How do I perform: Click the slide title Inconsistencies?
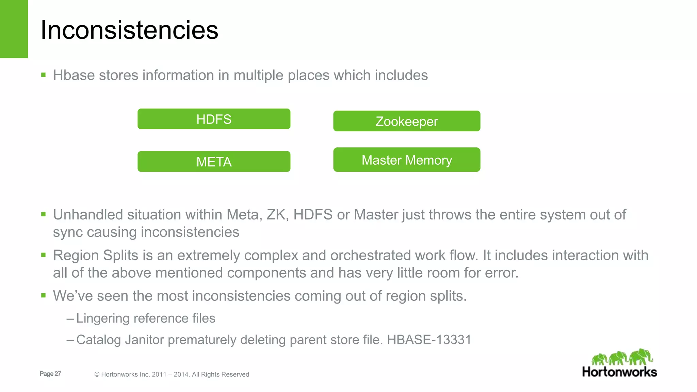[129, 30]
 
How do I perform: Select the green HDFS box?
[214, 119]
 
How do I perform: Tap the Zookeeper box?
[407, 121]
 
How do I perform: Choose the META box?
[214, 162]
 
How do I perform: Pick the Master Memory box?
[407, 160]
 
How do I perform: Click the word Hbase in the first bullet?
[74, 75]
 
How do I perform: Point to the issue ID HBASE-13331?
[429, 340]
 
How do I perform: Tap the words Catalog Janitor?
[120, 340]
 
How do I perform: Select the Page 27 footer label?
[50, 374]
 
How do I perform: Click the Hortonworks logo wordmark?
[619, 372]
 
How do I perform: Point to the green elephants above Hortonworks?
[622, 357]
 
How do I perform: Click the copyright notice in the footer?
[172, 374]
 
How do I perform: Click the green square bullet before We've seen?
[43, 295]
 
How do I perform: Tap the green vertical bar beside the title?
[14, 29]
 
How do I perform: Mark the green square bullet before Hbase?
[43, 75]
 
